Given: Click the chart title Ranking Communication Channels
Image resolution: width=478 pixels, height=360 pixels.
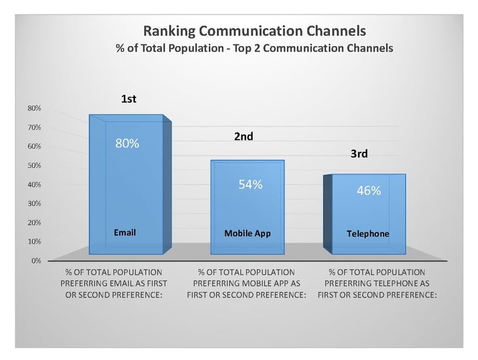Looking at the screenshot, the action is pyautogui.click(x=255, y=31).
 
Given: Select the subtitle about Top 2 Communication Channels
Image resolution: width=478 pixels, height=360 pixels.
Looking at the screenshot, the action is pyautogui.click(x=255, y=48).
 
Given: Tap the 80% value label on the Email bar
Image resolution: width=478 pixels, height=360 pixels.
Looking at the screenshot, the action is pyautogui.click(x=127, y=143).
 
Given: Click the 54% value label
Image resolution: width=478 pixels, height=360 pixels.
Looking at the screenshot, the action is pyautogui.click(x=250, y=185).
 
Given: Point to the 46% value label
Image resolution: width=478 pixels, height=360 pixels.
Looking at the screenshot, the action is pyautogui.click(x=369, y=190).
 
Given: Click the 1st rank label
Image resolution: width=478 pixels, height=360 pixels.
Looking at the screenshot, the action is pyautogui.click(x=128, y=99).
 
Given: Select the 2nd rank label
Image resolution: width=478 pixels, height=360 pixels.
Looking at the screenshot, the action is pyautogui.click(x=244, y=136).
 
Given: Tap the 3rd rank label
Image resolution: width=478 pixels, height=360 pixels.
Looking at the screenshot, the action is pyautogui.click(x=359, y=154).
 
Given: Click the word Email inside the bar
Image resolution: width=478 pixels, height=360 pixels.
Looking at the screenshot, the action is pyautogui.click(x=125, y=232).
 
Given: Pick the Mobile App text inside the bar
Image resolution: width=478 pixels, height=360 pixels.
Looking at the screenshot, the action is pyautogui.click(x=248, y=234).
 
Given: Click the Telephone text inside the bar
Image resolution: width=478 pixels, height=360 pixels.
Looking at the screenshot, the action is pyautogui.click(x=368, y=234).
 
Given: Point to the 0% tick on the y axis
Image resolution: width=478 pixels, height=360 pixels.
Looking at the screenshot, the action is pyautogui.click(x=36, y=261).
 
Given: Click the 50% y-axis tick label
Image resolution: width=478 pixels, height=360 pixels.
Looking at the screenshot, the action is pyautogui.click(x=34, y=165).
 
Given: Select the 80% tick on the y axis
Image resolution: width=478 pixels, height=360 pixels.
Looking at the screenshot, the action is pyautogui.click(x=34, y=108).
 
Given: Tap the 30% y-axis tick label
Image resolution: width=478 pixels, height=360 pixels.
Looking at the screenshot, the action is pyautogui.click(x=34, y=204).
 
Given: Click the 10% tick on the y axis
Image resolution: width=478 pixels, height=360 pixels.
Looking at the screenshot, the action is pyautogui.click(x=34, y=242).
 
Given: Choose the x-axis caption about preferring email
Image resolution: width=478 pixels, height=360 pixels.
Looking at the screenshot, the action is pyautogui.click(x=114, y=283).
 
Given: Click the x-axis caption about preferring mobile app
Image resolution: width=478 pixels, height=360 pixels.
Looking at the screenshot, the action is pyautogui.click(x=246, y=283).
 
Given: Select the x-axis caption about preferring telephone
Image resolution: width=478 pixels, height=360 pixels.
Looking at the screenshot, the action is pyautogui.click(x=377, y=283).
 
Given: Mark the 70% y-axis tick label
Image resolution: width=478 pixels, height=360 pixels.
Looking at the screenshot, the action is pyautogui.click(x=34, y=127).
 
